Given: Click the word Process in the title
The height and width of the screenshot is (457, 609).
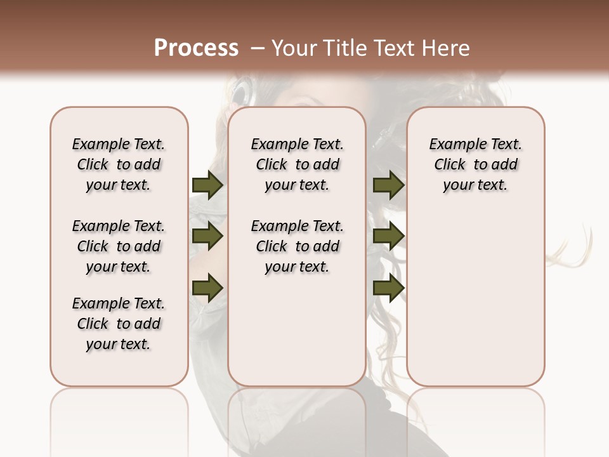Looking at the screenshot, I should [x=196, y=48].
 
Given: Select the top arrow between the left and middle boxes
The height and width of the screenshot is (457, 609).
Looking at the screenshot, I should [x=207, y=185].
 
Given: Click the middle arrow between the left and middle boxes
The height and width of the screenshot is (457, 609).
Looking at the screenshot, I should [x=207, y=237].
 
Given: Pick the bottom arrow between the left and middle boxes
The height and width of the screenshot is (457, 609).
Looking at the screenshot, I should [x=207, y=288].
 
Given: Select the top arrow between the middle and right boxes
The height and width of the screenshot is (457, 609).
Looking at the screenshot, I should [x=388, y=185].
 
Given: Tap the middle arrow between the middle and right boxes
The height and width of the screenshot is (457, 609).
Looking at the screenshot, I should [x=388, y=237].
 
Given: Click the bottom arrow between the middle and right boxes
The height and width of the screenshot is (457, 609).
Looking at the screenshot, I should [x=388, y=288].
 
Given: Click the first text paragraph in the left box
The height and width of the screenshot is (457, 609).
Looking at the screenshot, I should [x=119, y=164].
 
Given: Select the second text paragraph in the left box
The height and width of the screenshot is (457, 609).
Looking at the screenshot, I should [x=119, y=246].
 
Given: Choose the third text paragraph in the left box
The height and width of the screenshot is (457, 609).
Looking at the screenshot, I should [x=119, y=324].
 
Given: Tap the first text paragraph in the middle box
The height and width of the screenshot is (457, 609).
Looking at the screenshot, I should [x=298, y=164].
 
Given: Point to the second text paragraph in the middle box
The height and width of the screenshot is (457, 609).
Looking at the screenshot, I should [x=298, y=246].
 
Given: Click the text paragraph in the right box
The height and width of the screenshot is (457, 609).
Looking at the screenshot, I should [x=476, y=164].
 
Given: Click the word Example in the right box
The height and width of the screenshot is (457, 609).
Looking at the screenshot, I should [x=453, y=145].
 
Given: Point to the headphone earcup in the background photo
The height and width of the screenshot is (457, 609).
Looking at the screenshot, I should [x=241, y=93].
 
